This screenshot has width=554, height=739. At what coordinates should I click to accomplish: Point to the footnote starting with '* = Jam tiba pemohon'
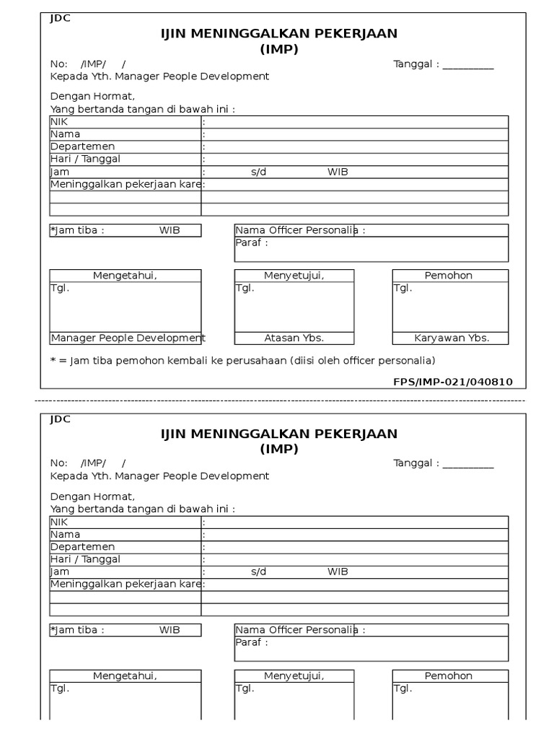point(243,360)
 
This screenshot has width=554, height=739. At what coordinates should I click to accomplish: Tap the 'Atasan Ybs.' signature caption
point(294,338)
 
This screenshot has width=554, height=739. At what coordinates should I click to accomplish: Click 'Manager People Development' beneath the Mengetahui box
point(128,338)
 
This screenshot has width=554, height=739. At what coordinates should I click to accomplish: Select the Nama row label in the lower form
point(65,535)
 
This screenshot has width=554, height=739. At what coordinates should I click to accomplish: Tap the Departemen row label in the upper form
point(82,147)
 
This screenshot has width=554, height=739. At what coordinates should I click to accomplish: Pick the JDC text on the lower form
point(60,419)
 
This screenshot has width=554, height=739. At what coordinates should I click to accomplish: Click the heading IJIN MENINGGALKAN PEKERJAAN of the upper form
point(278,33)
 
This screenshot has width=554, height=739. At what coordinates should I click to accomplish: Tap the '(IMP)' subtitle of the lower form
point(278,449)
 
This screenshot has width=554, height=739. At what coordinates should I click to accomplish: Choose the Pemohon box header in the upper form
point(449,276)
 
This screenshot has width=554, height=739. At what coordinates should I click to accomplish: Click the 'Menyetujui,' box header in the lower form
point(294,676)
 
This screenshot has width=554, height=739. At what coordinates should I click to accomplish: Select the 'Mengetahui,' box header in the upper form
point(125,276)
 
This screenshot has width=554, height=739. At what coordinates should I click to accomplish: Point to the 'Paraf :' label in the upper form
point(252,242)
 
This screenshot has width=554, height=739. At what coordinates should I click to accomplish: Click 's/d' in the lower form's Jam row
point(259,572)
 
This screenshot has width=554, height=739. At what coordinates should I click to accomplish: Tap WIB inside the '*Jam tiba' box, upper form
point(170,230)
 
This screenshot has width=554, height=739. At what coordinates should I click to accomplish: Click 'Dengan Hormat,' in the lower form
point(92,497)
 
